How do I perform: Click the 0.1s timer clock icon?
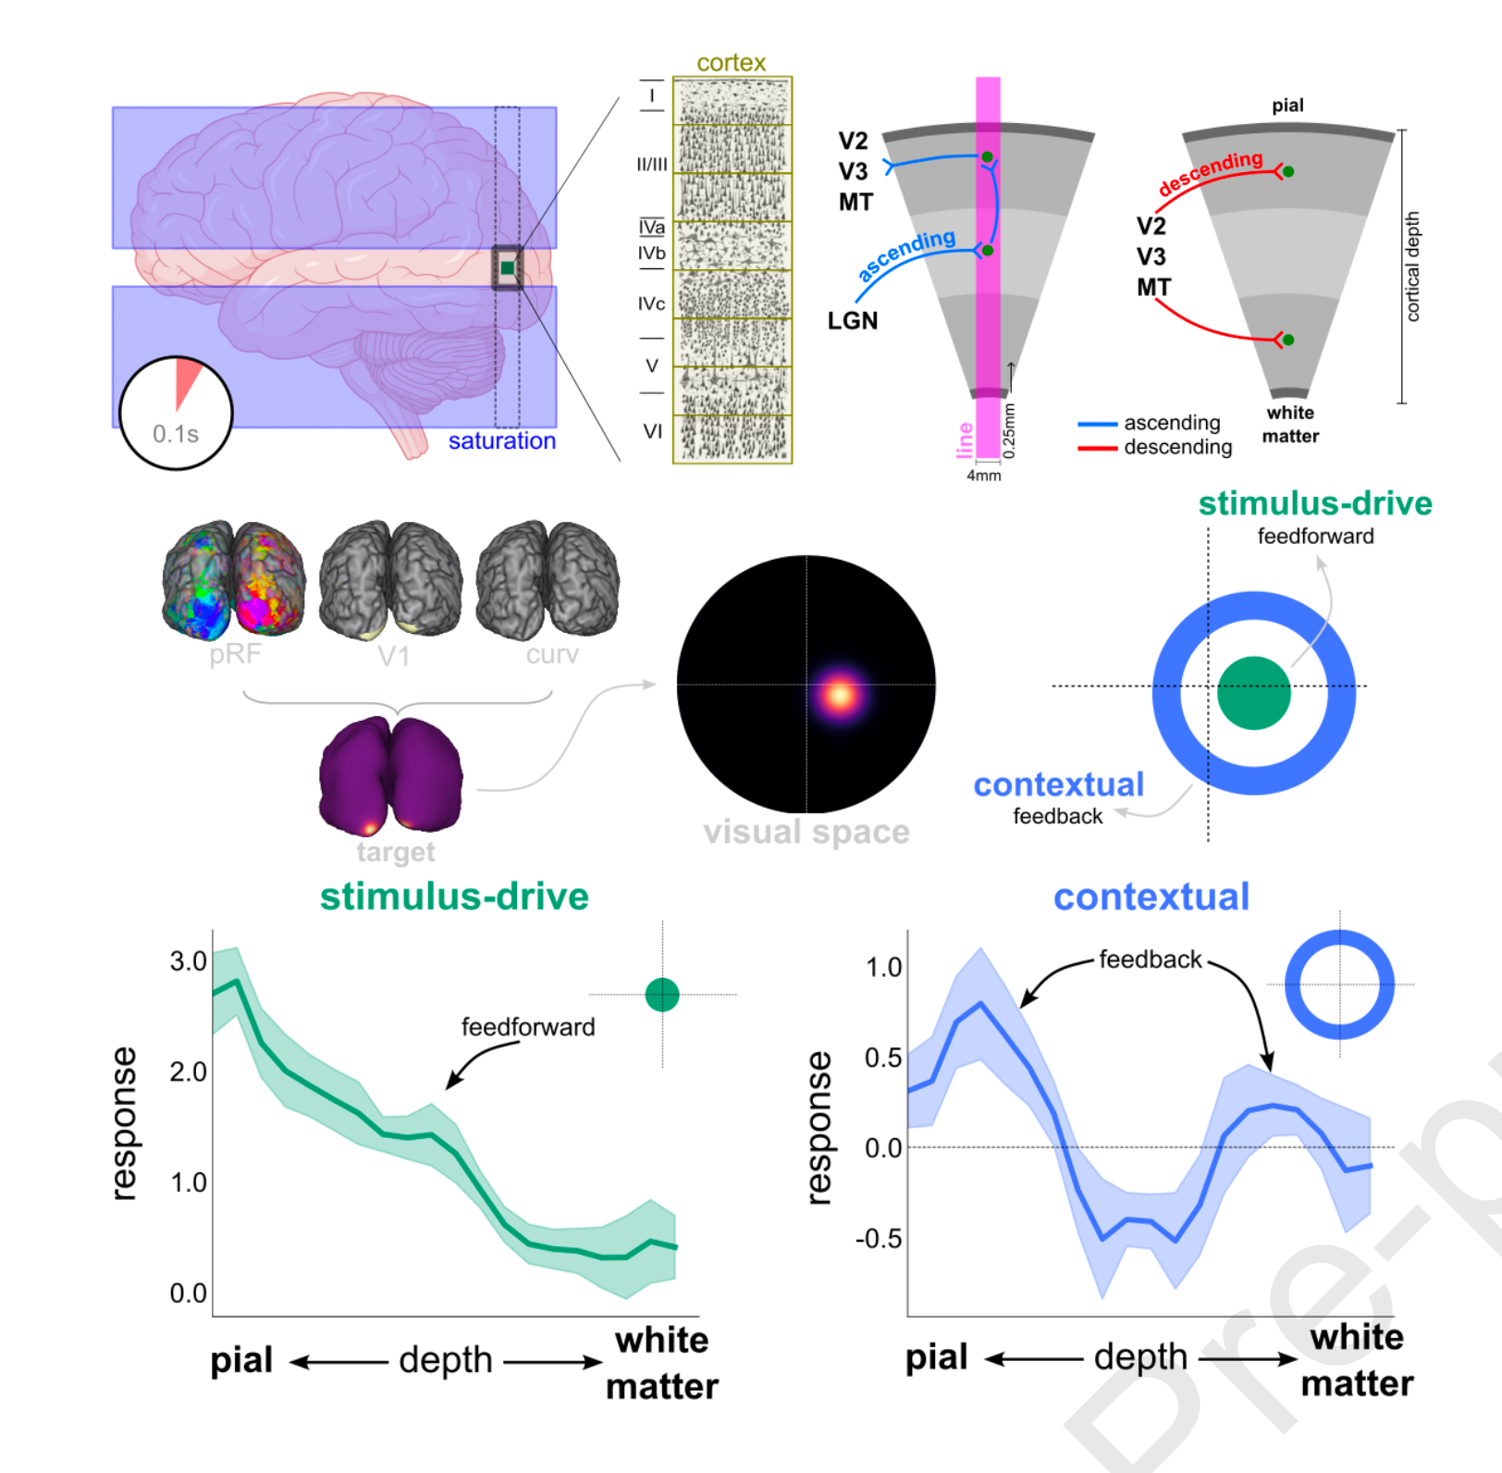176,413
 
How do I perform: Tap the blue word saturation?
501,441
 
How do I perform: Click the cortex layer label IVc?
651,303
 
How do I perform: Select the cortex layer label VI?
652,431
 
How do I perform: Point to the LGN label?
852,321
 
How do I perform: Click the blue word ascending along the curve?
906,254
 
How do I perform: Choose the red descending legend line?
1097,449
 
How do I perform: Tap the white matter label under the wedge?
1290,425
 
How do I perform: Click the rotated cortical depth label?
1412,266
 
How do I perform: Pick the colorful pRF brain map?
234,580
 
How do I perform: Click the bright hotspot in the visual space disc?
840,694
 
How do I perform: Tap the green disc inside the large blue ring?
1253,693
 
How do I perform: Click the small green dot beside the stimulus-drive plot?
662,995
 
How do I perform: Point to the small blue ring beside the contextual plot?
1339,984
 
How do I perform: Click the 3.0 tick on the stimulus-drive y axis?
188,961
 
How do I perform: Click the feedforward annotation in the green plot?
528,1027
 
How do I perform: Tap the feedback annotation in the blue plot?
1150,959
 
